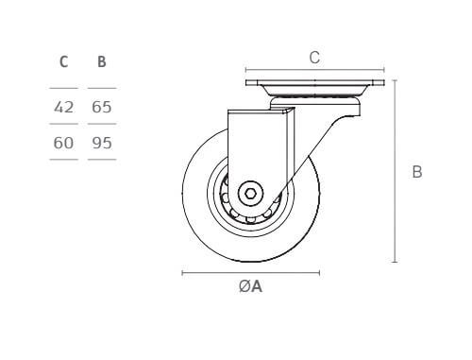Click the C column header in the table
click(63, 61)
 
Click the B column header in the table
click(102, 61)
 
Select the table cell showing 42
click(63, 107)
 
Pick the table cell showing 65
click(102, 107)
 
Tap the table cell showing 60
click(63, 143)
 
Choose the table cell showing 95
click(102, 143)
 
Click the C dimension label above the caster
click(314, 58)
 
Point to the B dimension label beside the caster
click(417, 172)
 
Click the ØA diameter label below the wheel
click(250, 286)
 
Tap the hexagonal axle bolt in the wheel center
click(250, 194)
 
